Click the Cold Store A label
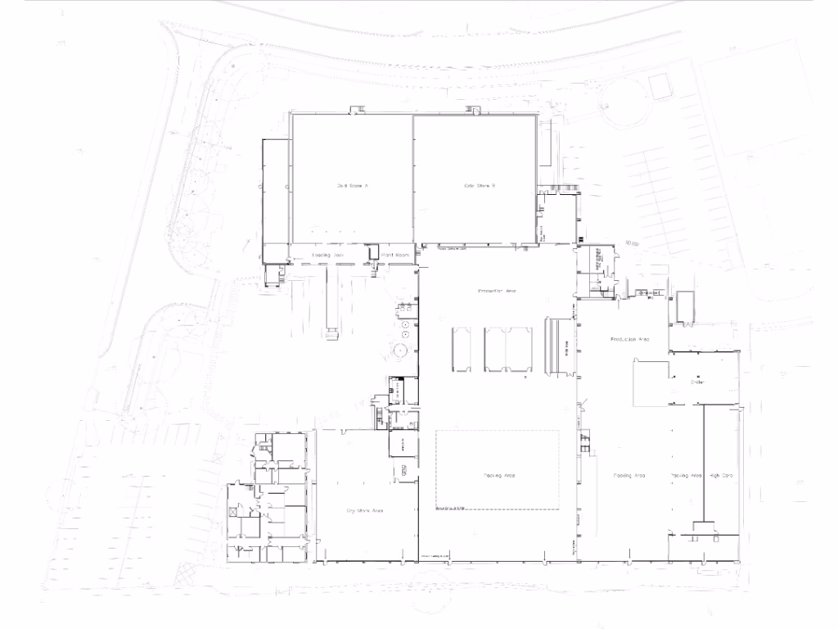[353, 186]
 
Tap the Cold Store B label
[480, 186]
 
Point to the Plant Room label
[395, 256]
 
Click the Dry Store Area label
[365, 510]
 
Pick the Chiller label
[697, 382]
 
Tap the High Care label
[721, 475]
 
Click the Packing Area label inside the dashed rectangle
[498, 475]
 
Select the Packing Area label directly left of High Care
[686, 475]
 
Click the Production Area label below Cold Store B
[498, 291]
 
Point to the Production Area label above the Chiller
[630, 338]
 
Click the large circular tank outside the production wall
[401, 351]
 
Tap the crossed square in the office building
[234, 511]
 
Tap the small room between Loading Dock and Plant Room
[373, 253]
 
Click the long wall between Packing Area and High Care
[703, 463]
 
